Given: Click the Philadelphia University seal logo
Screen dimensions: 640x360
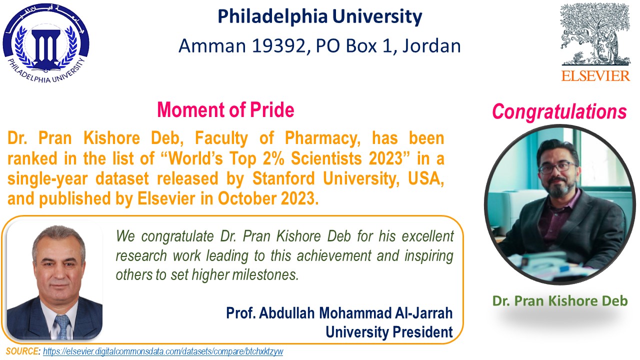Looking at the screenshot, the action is click(46, 43).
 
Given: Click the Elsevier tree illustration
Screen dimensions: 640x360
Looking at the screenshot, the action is click(595, 35).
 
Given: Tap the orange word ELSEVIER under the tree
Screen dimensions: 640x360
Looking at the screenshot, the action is click(595, 76).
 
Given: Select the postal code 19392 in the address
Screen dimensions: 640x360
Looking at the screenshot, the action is click(280, 45).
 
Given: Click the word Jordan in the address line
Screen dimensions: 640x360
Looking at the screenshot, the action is click(431, 45).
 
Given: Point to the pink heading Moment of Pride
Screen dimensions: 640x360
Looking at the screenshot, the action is click(225, 109).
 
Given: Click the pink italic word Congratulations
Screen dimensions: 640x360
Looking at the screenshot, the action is click(559, 111).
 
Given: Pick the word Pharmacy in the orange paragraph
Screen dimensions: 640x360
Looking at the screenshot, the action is click(322, 139).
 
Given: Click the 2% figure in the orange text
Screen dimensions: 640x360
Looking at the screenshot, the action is click(273, 158).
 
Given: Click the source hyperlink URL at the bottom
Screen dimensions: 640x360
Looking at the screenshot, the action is click(163, 351).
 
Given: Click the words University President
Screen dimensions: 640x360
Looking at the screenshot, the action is click(389, 332).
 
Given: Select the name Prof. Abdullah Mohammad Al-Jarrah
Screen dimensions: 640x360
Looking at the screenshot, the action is click(339, 313).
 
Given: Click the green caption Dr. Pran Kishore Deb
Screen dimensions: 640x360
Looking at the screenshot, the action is click(560, 301).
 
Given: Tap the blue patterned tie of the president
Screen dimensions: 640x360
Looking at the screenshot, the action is click(62, 327).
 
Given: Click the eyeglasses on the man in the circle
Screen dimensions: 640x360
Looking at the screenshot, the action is click(557, 167).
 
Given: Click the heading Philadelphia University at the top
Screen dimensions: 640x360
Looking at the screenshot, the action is click(320, 16).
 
